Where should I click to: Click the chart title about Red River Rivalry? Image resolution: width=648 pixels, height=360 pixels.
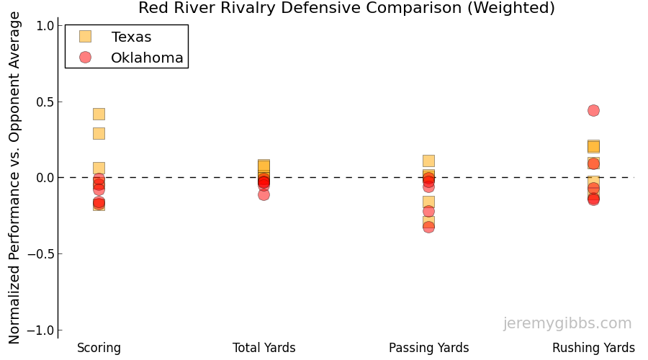pos(346,8)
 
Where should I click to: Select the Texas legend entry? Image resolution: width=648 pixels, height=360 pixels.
pos(131,37)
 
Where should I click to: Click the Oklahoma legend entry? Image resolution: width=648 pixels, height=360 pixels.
pos(147,58)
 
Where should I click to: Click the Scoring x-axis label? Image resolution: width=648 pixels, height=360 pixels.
pos(99,348)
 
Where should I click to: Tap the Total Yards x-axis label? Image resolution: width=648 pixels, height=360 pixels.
pos(264,348)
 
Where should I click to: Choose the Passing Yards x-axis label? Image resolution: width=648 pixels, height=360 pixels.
pos(428,348)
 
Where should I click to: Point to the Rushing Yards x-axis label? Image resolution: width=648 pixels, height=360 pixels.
pos(593,348)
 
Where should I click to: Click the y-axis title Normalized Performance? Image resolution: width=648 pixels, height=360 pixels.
pos(15,178)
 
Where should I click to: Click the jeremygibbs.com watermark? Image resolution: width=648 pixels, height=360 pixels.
pos(567,323)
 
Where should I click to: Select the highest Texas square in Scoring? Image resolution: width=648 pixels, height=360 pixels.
pos(99,114)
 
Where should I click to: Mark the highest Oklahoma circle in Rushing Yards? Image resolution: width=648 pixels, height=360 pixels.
pos(593,110)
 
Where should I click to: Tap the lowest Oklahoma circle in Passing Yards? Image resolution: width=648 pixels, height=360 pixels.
pos(428,227)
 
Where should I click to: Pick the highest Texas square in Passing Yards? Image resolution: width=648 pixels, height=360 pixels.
pos(428,161)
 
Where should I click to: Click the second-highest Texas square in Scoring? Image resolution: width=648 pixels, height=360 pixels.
pos(99,133)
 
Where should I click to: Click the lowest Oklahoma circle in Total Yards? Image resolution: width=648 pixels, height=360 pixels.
pos(264,194)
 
